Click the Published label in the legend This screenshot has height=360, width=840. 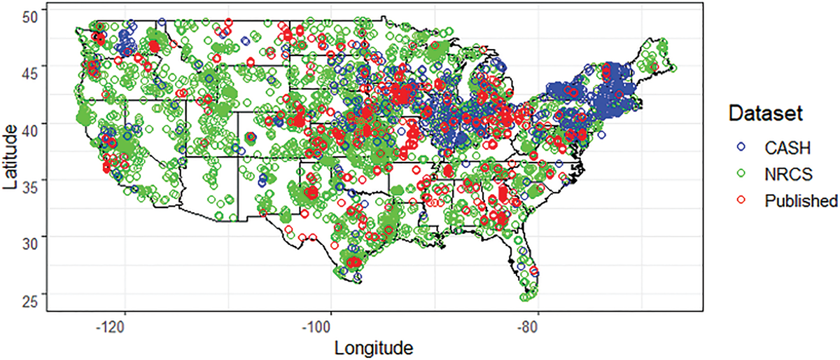click(x=798, y=200)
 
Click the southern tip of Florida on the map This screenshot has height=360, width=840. click(x=526, y=297)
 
